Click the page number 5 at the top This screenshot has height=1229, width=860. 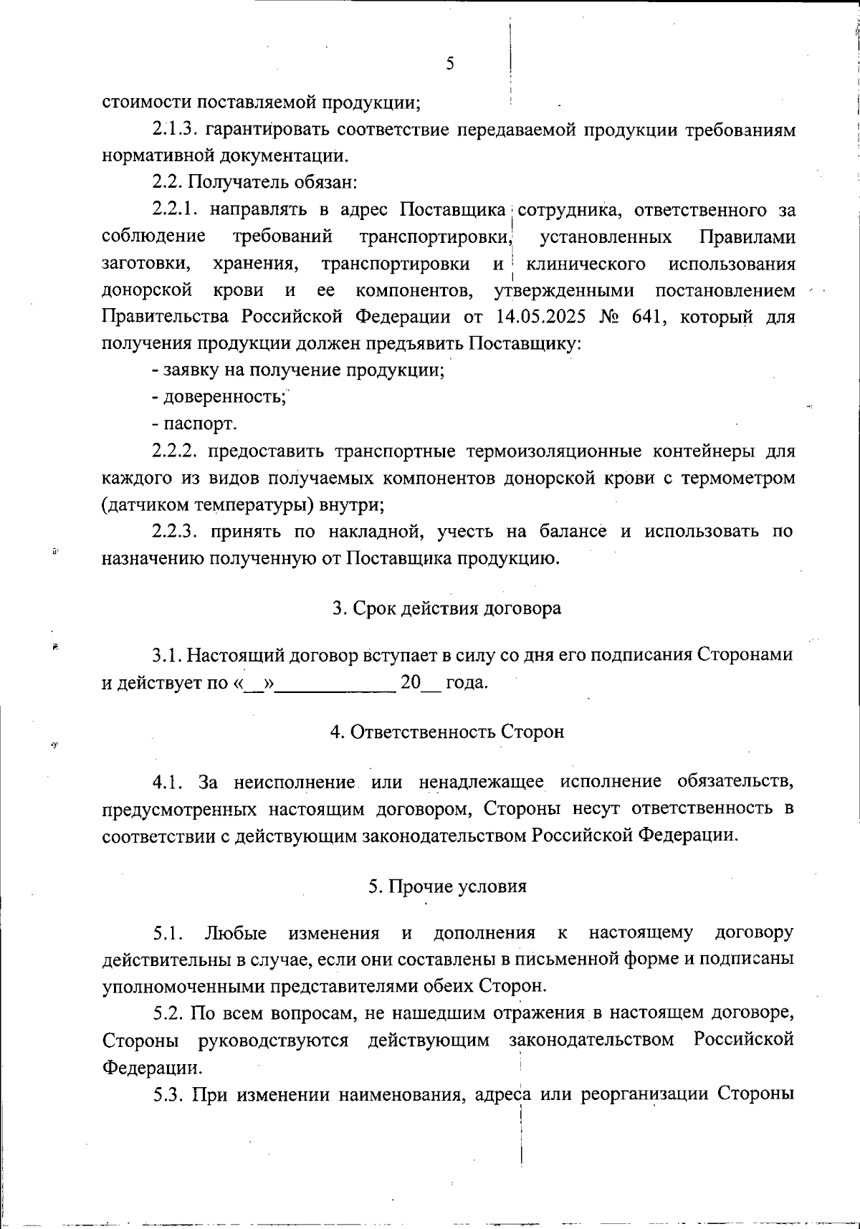[450, 64]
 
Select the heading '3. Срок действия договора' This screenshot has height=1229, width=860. [446, 608]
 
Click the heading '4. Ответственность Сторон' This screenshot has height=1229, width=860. [446, 732]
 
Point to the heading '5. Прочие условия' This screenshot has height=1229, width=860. [447, 886]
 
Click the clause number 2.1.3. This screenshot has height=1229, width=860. [175, 130]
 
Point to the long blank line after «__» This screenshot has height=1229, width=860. [335, 683]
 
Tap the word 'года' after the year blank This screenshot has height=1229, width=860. [467, 683]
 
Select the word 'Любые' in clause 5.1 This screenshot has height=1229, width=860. [236, 933]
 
